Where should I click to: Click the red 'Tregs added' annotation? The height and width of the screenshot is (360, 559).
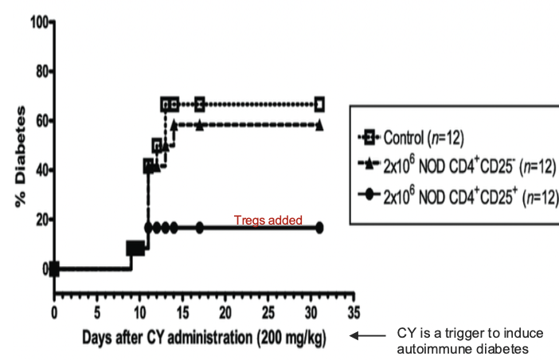(x=268, y=221)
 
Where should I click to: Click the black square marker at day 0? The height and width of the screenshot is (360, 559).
(x=54, y=269)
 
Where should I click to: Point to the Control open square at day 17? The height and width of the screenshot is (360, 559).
(x=200, y=104)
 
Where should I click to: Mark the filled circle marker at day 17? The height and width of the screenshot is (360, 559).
(x=200, y=227)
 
